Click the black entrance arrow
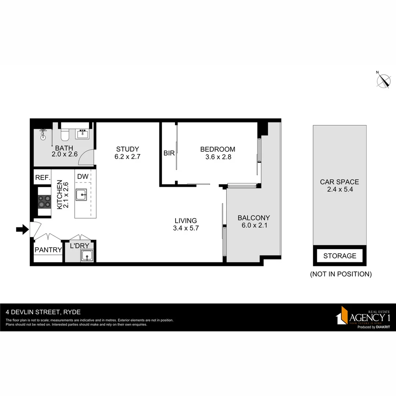tap(22, 230)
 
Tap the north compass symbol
tap(384, 81)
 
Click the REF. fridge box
tap(43, 178)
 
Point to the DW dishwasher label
tap(83, 176)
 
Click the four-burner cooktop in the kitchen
tap(44, 202)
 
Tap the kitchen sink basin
tap(81, 195)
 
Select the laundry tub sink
tap(87, 256)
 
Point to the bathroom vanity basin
tap(82, 134)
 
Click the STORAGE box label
tap(340, 256)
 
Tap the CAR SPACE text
tap(340, 182)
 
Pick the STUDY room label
tap(128, 149)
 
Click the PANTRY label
tap(48, 250)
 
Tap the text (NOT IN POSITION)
tap(341, 274)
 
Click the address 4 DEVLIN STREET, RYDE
tap(43, 312)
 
